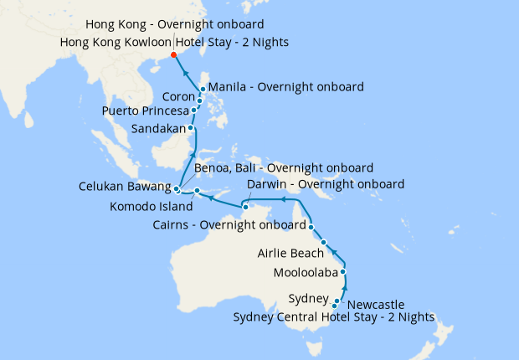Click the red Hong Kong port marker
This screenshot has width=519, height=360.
point(173,55)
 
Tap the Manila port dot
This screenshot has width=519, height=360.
point(203,89)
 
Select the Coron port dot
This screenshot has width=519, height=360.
point(199,101)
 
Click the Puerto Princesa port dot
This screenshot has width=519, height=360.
point(194,110)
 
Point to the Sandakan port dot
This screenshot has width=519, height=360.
point(192,128)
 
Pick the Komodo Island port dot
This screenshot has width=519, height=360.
point(197,191)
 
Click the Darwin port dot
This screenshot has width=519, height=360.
point(245,205)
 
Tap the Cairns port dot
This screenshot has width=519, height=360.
point(311,226)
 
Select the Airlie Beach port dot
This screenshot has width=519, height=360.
point(323,242)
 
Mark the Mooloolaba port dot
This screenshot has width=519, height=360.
point(343,272)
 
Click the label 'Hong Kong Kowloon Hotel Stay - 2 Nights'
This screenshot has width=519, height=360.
point(175,42)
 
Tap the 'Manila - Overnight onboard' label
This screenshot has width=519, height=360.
point(285,86)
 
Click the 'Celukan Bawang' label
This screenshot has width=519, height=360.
point(126,186)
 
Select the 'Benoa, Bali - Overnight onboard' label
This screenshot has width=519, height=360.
point(284,167)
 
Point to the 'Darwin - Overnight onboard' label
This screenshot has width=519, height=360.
point(326,183)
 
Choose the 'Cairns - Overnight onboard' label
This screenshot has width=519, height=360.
point(229,224)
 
